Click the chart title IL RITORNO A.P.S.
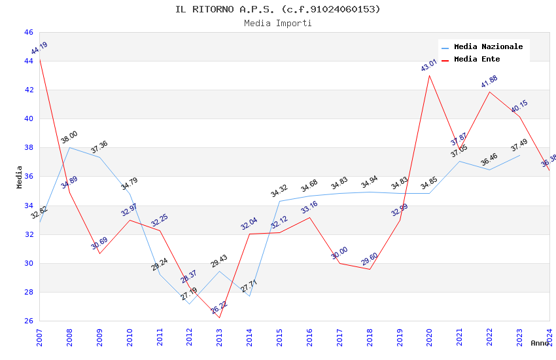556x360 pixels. pos(277,9)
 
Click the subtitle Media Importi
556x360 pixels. pos(277,23)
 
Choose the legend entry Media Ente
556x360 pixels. pos(477,59)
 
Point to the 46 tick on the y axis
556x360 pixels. pos(29,32)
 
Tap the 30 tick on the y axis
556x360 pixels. pos(29,263)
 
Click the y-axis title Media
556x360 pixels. pos(20,177)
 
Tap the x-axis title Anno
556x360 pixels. pos(540,343)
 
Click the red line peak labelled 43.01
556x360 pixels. pos(429,75)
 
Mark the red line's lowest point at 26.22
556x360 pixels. pos(219,318)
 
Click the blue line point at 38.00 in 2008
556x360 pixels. pos(69,147)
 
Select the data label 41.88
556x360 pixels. pos(489,82)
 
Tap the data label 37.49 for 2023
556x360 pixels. pos(519,145)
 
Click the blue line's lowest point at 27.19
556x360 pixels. pos(189,304)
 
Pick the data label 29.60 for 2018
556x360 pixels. pos(370,260)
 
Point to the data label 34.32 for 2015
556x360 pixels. pos(279,191)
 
